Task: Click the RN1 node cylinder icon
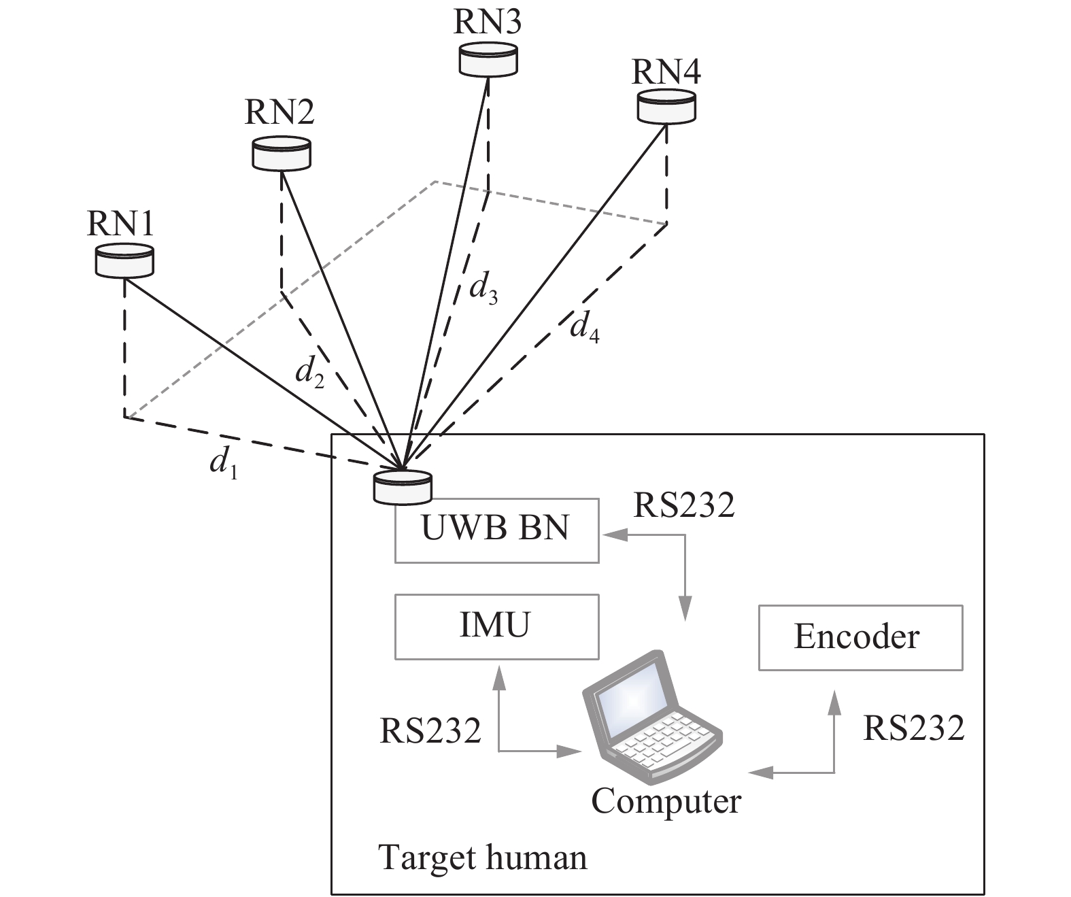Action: tap(124, 262)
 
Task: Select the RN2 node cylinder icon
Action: tap(281, 154)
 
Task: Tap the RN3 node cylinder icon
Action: tap(488, 59)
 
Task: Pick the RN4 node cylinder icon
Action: tap(666, 107)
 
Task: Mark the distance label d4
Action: tap(585, 328)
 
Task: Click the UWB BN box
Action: tap(496, 530)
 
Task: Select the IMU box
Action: tap(496, 626)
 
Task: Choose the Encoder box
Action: tap(860, 637)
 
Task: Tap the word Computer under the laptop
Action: tap(666, 801)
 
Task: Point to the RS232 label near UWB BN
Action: tap(683, 505)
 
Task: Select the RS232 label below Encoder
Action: tap(913, 728)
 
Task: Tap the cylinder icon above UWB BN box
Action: tap(403, 487)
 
